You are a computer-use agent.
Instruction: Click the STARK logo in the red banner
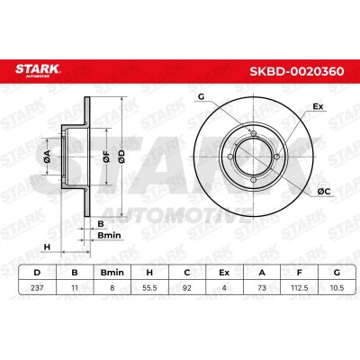click(x=38, y=70)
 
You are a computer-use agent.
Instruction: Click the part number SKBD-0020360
click(x=297, y=71)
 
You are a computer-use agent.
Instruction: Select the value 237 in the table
click(x=37, y=288)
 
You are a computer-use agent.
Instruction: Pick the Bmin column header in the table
click(x=112, y=273)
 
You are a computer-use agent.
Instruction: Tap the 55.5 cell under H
click(x=149, y=288)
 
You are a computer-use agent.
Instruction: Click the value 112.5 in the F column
click(x=299, y=288)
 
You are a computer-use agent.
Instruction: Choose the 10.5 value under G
click(x=337, y=288)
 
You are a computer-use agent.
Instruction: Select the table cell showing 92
click(x=187, y=288)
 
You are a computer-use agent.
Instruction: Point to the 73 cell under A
click(x=262, y=288)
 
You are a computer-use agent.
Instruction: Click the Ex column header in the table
click(x=224, y=273)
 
